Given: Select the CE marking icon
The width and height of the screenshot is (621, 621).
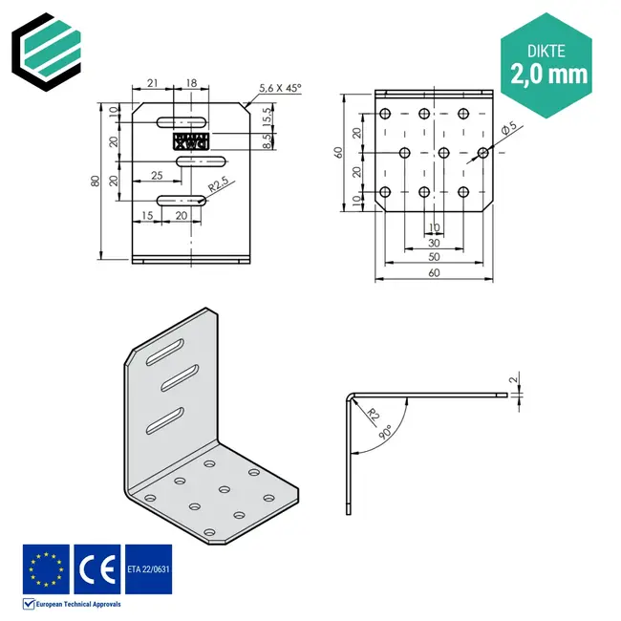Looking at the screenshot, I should click(96, 568).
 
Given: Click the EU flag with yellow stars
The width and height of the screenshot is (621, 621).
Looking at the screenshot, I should click(46, 568).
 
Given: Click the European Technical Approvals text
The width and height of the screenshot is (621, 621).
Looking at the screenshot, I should click(75, 604).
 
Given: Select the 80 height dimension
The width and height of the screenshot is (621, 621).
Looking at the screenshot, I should click(95, 182).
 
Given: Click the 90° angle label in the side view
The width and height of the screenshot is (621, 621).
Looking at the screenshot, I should click(384, 431).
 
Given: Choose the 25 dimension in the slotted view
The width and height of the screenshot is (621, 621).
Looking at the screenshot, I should click(156, 175).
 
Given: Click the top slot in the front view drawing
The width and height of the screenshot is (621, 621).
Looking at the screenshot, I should click(182, 122).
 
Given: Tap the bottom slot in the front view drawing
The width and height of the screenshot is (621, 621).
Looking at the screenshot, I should click(182, 200).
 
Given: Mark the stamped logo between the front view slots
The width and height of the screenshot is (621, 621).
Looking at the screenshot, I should click(189, 141).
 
